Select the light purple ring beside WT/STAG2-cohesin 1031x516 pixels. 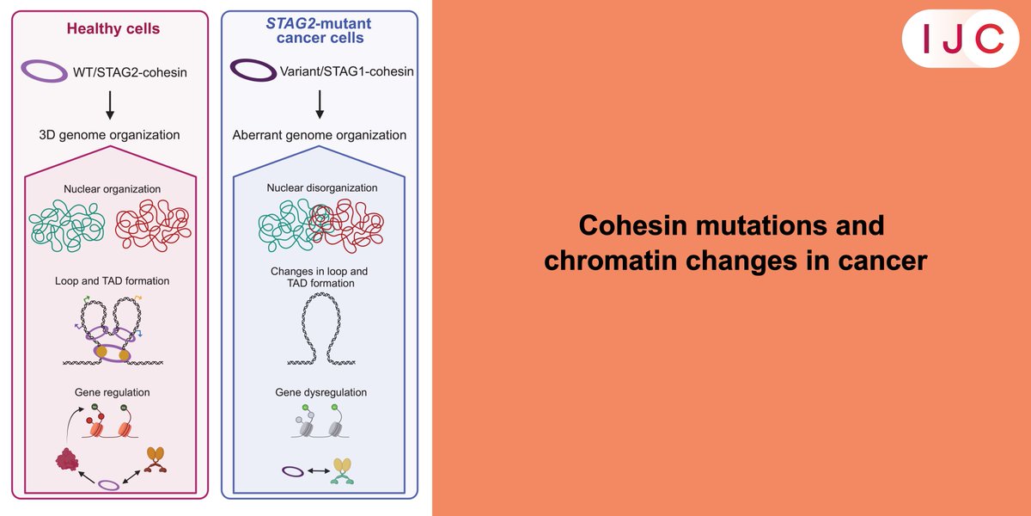coord(45,72)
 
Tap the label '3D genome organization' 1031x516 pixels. coord(109,135)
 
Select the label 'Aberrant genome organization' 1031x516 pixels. coord(320,135)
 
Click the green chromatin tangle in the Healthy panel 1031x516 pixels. coord(66,226)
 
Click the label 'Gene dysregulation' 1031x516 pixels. coord(320,392)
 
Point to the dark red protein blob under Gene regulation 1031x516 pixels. coord(65,459)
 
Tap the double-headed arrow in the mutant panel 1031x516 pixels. coord(320,471)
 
